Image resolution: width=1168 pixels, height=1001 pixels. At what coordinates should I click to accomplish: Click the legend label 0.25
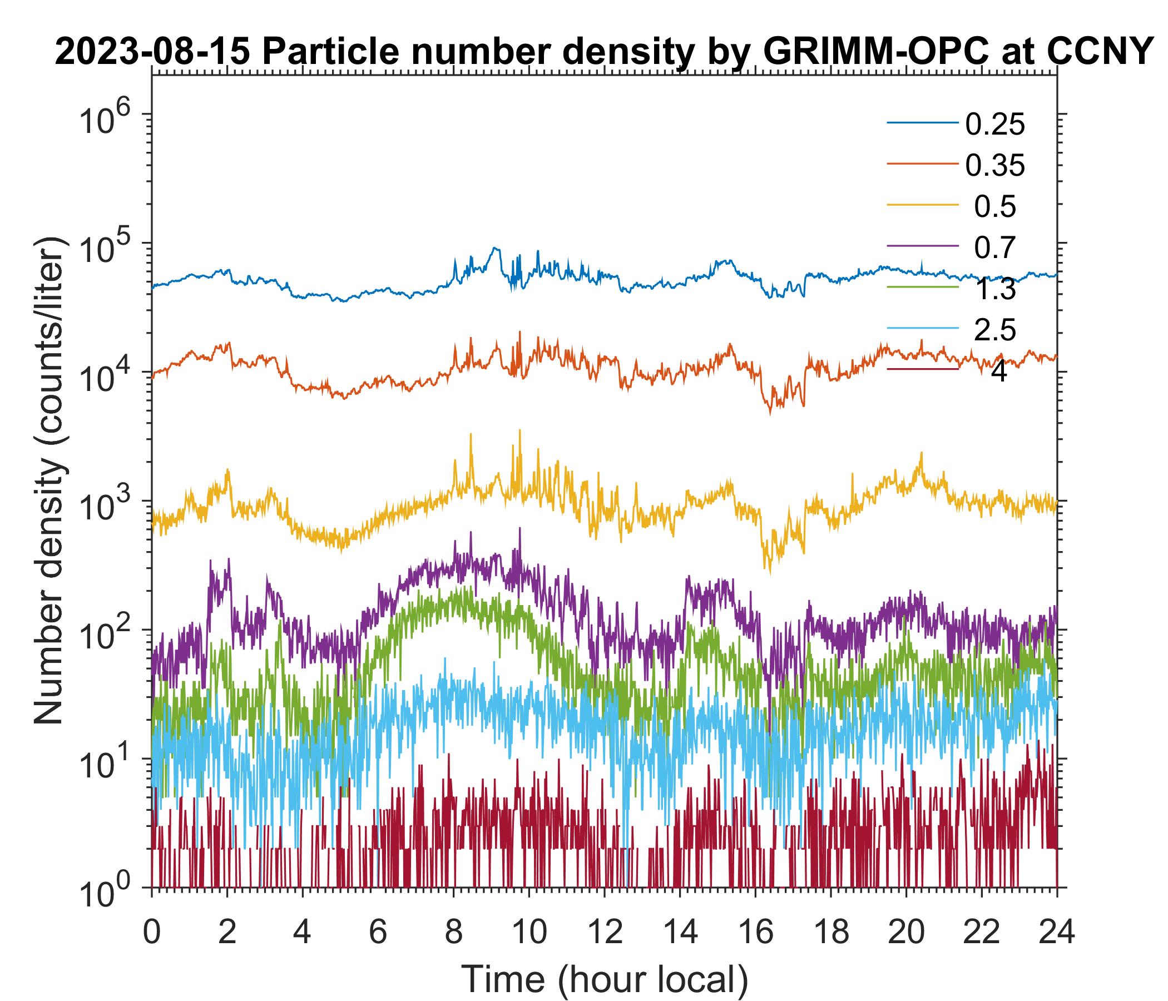(995, 125)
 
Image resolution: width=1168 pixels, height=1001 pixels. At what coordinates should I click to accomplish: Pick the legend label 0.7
(995, 248)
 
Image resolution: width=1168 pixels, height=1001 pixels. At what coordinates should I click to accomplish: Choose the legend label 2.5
(995, 330)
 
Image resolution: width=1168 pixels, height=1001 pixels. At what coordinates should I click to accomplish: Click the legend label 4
(998, 372)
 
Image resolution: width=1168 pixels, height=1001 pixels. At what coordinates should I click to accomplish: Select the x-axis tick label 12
(603, 932)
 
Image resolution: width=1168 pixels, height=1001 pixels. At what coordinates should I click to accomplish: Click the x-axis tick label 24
(1056, 932)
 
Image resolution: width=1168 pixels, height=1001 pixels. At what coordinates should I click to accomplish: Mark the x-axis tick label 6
(378, 932)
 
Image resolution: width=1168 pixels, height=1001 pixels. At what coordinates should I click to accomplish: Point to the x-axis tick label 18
(830, 932)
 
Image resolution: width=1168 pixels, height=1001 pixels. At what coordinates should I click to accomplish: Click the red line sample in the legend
(923, 370)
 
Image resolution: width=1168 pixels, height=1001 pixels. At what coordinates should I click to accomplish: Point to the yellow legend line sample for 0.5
(923, 205)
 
